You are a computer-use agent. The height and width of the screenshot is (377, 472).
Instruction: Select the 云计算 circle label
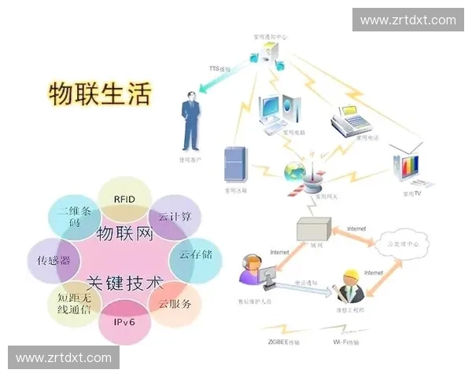click(x=175, y=217)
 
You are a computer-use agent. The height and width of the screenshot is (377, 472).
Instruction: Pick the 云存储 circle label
click(x=195, y=254)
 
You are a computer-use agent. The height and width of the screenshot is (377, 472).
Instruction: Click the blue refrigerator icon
click(x=235, y=164)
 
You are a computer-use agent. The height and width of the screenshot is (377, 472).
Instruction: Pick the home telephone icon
click(x=348, y=120)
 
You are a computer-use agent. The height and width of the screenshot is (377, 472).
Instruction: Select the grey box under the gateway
click(x=312, y=229)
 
